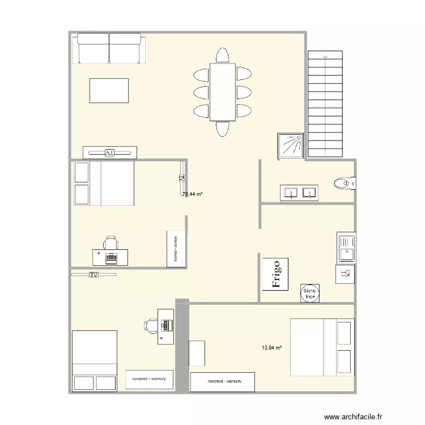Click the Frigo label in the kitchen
(276, 274)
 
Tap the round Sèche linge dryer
(309, 292)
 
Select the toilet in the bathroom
(344, 183)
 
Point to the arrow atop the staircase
(325, 57)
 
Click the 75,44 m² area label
(193, 194)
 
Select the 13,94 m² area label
(271, 348)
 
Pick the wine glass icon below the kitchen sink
(346, 274)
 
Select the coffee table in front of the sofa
(109, 91)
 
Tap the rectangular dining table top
(222, 92)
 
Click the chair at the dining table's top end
(222, 55)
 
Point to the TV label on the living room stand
(110, 152)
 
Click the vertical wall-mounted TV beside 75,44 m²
(182, 178)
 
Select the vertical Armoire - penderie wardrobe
(176, 248)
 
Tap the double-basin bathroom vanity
(300, 193)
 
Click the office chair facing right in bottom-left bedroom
(151, 325)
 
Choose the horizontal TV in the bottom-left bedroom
(94, 275)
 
